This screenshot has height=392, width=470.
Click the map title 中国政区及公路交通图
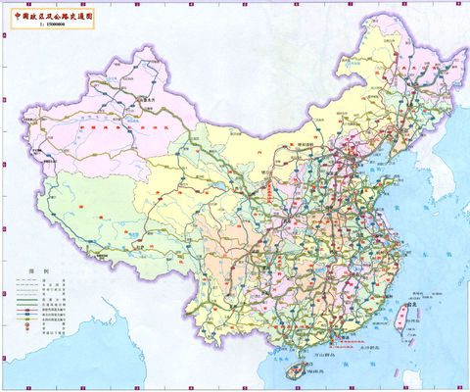coord(54,17)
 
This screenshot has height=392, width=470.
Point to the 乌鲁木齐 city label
coord(148,99)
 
